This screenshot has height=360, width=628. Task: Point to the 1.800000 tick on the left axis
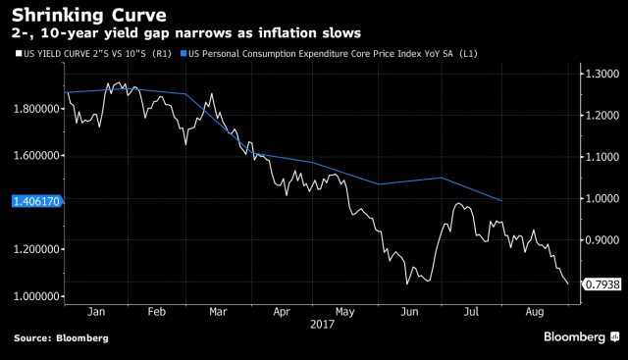pos(33,108)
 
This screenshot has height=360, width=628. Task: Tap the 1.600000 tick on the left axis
pos(33,155)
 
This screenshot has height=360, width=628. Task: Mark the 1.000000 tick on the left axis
pos(33,296)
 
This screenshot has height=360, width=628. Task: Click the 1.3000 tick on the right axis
pos(601,74)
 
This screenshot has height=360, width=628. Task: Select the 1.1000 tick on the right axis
pos(601,157)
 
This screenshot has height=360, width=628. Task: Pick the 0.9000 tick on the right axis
pos(601,240)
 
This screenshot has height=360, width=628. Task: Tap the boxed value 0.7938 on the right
pos(601,285)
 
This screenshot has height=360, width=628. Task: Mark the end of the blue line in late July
pos(502,200)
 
